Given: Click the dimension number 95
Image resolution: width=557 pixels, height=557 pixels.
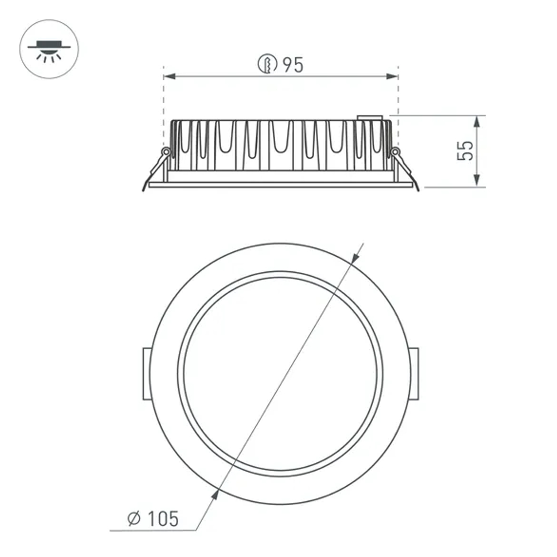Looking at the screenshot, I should pyautogui.click(x=293, y=65).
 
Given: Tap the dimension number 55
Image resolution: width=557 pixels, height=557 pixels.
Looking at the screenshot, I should pyautogui.click(x=465, y=151).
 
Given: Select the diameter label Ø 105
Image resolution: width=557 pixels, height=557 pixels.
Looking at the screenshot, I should pyautogui.click(x=153, y=519).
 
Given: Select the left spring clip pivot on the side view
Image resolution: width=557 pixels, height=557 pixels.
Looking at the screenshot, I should pyautogui.click(x=165, y=151).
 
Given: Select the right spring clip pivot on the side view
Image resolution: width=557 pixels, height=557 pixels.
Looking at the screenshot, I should pyautogui.click(x=395, y=151).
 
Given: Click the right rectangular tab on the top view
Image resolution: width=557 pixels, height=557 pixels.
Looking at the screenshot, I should pyautogui.click(x=414, y=374).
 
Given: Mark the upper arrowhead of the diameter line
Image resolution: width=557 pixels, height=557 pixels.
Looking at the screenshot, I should pyautogui.click(x=354, y=257).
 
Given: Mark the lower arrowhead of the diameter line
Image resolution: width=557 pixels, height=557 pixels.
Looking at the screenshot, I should pyautogui.click(x=217, y=491).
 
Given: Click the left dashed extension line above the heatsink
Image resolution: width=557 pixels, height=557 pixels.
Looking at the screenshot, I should pyautogui.click(x=164, y=95).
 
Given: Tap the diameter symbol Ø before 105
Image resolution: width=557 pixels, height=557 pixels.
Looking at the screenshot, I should pyautogui.click(x=134, y=519).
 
